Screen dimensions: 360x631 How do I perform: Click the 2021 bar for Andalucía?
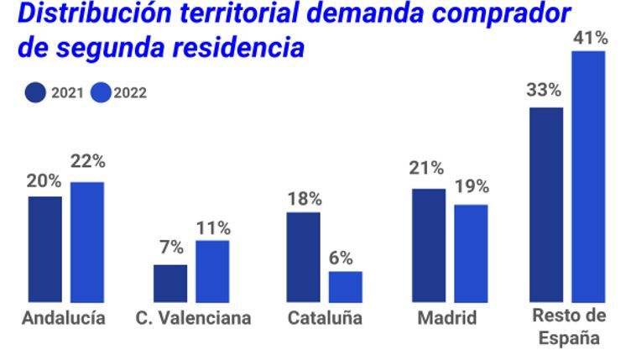[x=44, y=249]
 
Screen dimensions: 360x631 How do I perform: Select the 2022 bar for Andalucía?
[x=87, y=242]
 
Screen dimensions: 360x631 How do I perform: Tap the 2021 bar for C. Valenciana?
[x=170, y=283]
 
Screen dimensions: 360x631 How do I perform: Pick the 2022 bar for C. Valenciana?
[x=212, y=271]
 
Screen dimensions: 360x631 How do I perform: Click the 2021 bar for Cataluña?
[x=303, y=257]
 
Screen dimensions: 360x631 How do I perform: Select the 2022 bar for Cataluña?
[x=345, y=286]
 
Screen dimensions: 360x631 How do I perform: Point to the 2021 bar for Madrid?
[x=429, y=245]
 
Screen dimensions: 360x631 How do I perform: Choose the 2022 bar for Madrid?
[x=471, y=253]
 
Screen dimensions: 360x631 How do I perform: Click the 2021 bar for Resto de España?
[x=546, y=204]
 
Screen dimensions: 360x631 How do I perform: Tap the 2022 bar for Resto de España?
[x=588, y=176]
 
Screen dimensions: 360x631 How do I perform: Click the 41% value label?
[x=590, y=37]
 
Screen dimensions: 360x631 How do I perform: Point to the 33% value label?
[x=546, y=91]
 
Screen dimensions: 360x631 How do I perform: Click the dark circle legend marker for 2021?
[x=36, y=93]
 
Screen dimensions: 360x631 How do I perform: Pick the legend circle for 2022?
[x=101, y=93]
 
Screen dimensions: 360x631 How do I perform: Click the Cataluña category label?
[x=325, y=319]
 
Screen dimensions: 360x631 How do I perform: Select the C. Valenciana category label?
[x=193, y=319]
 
